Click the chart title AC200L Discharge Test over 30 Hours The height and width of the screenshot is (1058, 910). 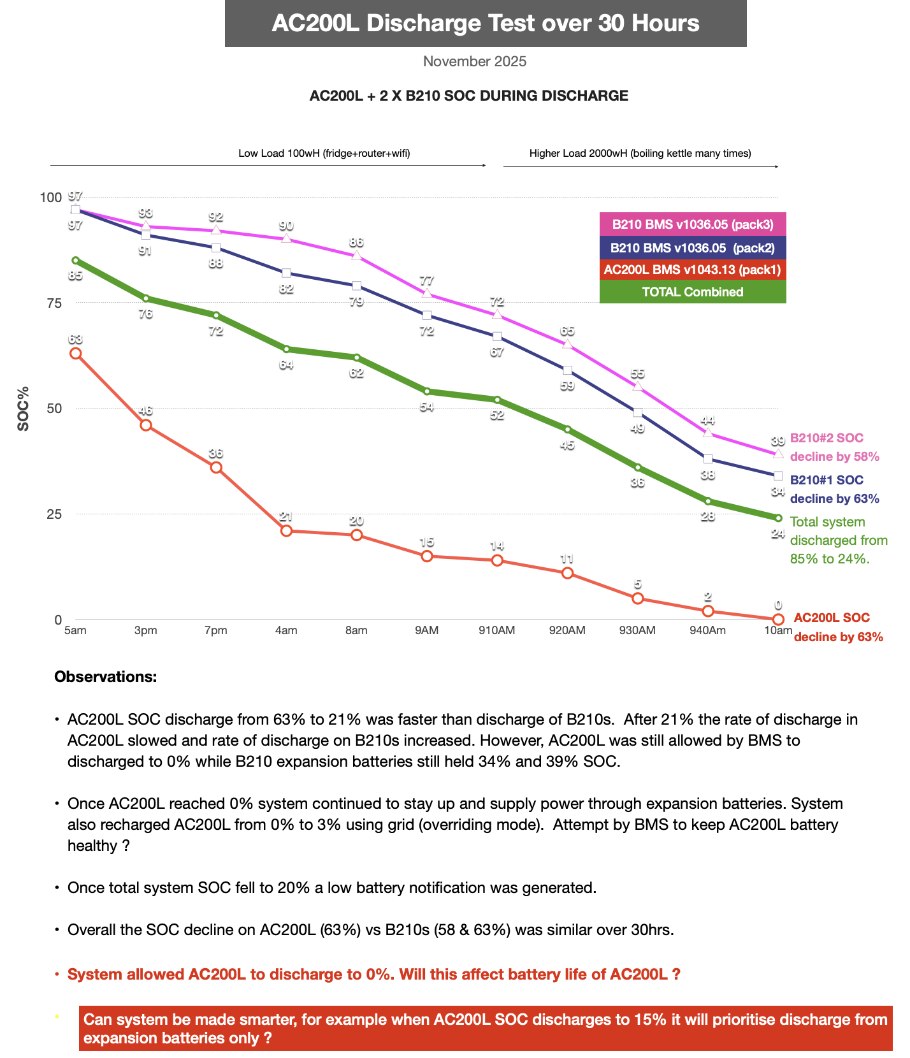486,24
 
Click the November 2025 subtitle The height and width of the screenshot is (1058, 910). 475,61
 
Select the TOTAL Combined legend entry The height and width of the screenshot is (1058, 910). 693,292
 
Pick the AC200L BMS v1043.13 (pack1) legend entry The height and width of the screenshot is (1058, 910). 693,270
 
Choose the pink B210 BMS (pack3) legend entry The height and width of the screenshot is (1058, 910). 693,224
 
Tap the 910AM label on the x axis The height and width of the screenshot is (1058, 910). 497,630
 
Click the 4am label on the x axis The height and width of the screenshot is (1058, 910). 286,630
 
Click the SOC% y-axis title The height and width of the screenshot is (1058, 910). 24,409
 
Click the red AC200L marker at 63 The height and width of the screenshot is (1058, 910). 76,353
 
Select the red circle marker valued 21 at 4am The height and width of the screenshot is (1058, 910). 286,531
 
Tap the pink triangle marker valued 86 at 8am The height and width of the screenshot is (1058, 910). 357,256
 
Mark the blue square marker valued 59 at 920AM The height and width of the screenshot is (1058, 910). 567,370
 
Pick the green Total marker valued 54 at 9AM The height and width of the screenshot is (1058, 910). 427,391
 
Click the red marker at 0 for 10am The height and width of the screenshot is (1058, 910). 778,619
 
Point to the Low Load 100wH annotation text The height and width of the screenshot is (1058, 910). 324,153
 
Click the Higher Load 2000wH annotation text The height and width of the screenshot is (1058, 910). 640,153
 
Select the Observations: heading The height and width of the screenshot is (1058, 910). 106,677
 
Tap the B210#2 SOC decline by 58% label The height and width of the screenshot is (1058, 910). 835,447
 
